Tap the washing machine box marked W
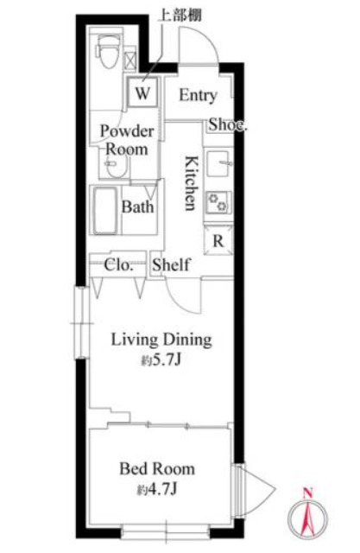142,92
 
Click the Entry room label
198,95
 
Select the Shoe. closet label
228,124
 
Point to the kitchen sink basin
219,163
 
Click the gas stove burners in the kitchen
218,202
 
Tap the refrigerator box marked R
218,241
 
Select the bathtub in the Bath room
105,210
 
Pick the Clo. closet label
119,265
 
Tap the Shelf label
172,264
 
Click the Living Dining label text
161,340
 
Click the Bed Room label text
157,468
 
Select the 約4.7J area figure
156,489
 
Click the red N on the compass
308,493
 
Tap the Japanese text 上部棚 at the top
181,15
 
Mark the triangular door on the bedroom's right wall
257,490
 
